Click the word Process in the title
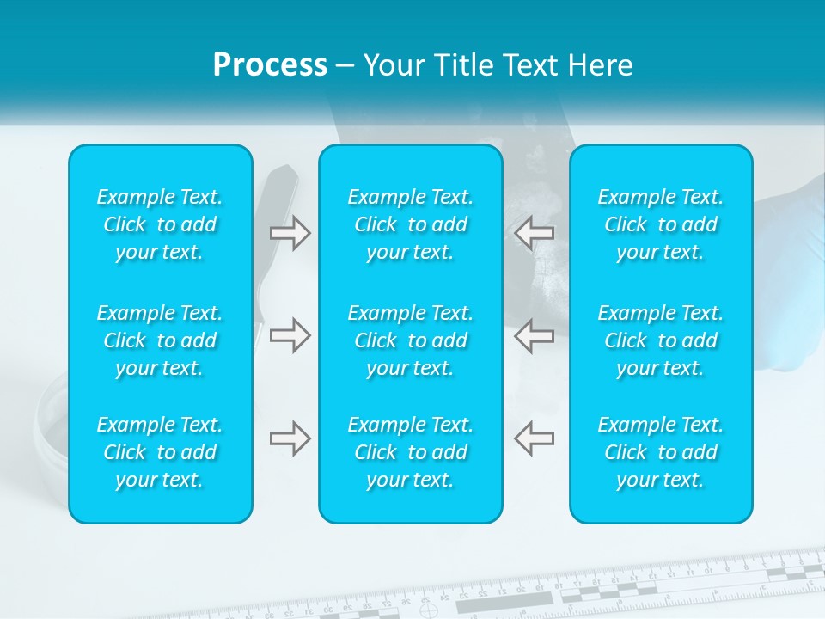(270, 65)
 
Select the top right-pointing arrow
(290, 232)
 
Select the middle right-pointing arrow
(290, 335)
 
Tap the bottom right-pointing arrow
(290, 438)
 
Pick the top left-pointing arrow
(534, 232)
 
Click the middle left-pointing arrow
(534, 335)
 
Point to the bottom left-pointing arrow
(534, 438)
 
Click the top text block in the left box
(160, 224)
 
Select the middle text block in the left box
(160, 340)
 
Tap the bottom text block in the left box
(160, 452)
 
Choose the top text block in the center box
(411, 224)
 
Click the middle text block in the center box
(411, 340)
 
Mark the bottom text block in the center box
(411, 452)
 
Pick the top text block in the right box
(661, 224)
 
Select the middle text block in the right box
(661, 340)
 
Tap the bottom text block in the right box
(661, 452)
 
